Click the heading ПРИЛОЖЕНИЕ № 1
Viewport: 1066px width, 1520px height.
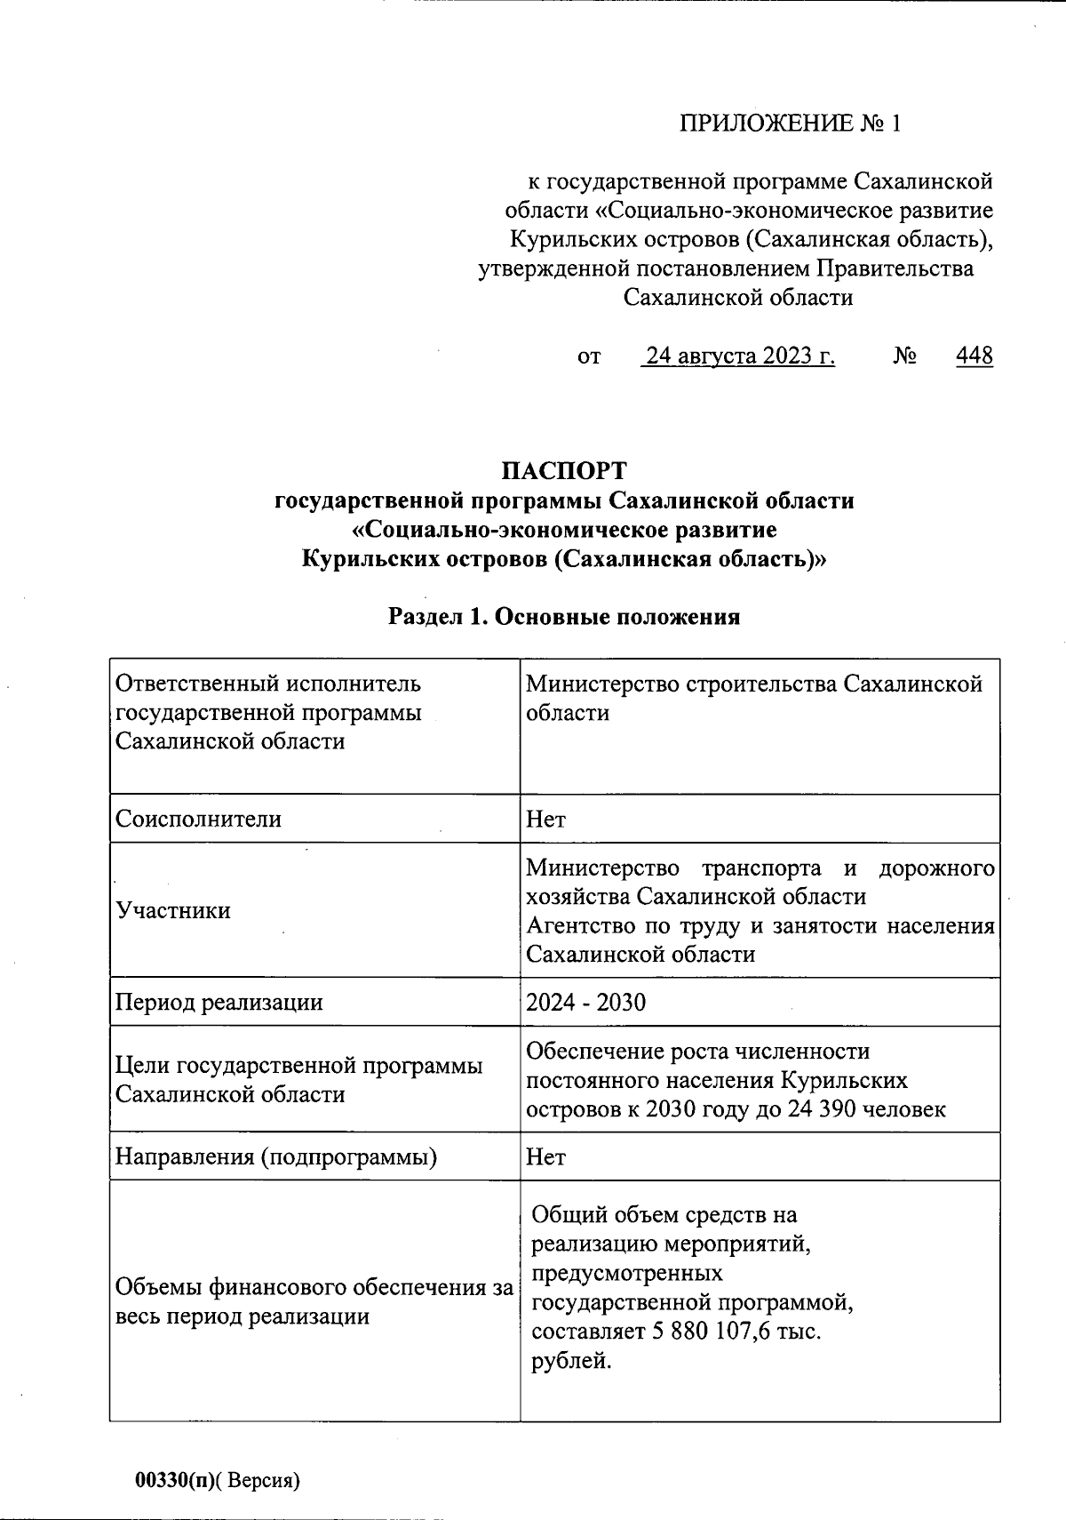click(790, 123)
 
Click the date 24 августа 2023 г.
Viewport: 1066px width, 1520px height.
click(740, 356)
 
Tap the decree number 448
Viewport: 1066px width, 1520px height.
click(975, 356)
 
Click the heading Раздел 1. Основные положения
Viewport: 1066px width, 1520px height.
click(564, 616)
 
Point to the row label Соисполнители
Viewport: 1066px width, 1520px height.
click(198, 819)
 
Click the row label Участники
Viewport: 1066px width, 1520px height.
click(173, 910)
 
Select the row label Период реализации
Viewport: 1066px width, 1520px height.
click(219, 1003)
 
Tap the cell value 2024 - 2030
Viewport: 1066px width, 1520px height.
click(585, 1003)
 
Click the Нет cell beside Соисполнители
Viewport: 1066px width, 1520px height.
click(545, 819)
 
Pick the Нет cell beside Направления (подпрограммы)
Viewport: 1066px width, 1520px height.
click(545, 1156)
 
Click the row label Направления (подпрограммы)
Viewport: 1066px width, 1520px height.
click(276, 1156)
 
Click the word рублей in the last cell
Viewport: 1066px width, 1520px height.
click(571, 1361)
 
